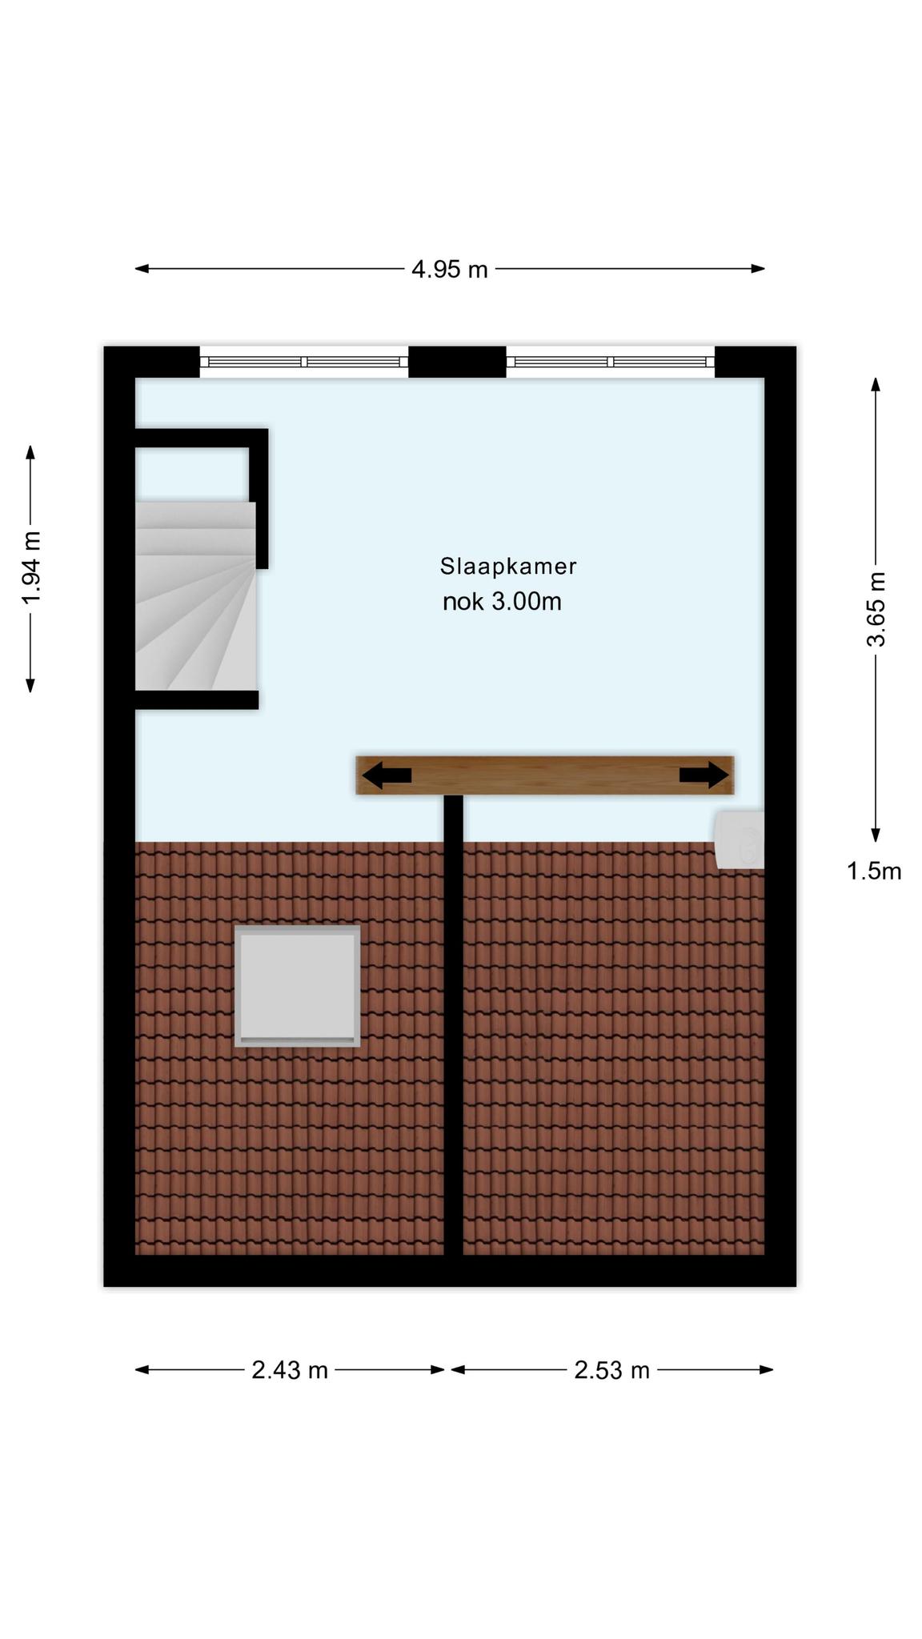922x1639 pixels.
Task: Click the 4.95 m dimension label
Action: tap(449, 270)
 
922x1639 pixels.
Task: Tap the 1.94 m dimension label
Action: tap(30, 568)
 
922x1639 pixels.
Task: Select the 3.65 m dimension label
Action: tap(876, 609)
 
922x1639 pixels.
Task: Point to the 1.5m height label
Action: tap(874, 871)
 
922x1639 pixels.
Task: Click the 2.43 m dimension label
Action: tap(290, 1371)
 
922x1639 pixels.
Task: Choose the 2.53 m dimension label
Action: tap(611, 1371)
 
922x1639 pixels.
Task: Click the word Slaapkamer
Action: tap(508, 567)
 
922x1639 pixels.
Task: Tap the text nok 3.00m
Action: tap(502, 602)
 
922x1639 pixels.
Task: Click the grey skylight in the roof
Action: tap(297, 986)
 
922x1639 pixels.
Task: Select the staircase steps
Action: tap(195, 595)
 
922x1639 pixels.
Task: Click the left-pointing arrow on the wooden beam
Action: tap(387, 775)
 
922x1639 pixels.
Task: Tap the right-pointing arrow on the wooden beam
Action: tap(704, 775)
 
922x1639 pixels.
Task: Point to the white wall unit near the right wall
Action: tap(740, 840)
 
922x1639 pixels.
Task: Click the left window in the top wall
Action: tap(304, 362)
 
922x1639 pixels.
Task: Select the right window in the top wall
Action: tap(611, 362)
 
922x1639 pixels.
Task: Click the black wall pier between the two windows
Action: tap(458, 362)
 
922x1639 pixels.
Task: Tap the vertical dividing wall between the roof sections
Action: tap(454, 1025)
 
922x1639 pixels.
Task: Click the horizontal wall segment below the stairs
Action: tap(197, 699)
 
